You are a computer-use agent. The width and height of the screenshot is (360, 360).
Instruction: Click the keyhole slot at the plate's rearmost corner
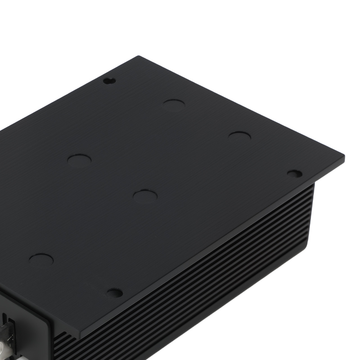coord(109,81)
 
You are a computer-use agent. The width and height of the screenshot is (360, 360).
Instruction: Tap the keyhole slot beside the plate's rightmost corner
coord(295,174)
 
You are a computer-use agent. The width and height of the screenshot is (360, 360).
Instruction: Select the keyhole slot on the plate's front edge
coord(115,293)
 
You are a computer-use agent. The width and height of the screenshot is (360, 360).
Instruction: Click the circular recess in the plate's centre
coord(145,195)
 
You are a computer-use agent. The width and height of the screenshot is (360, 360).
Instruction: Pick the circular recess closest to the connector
coord(41,260)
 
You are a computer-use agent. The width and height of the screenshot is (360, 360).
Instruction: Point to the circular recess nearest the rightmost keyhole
coord(240,137)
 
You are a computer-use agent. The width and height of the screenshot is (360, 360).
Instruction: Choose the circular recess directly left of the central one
coord(80,161)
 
